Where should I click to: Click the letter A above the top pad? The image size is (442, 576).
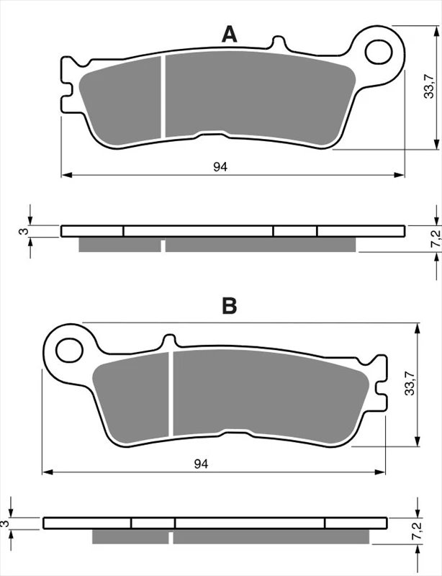click(229, 35)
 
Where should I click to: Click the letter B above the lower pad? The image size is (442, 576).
click(229, 305)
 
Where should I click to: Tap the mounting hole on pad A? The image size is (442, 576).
click(379, 51)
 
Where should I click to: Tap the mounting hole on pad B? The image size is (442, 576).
click(69, 350)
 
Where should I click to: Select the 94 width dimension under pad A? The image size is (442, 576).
click(220, 167)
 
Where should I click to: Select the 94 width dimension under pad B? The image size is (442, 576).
click(202, 464)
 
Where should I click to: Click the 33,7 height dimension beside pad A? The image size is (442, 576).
click(429, 87)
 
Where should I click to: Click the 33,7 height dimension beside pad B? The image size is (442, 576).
click(410, 384)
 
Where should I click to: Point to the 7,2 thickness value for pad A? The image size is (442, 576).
click(436, 239)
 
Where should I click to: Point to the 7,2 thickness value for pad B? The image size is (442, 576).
click(417, 531)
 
